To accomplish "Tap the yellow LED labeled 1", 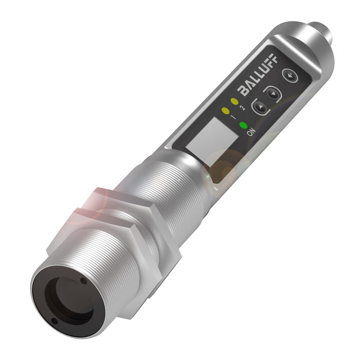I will click(225, 110).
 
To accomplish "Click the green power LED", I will click(244, 125).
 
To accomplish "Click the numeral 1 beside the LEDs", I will click(232, 117).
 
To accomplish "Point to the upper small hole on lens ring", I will click(83, 280).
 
